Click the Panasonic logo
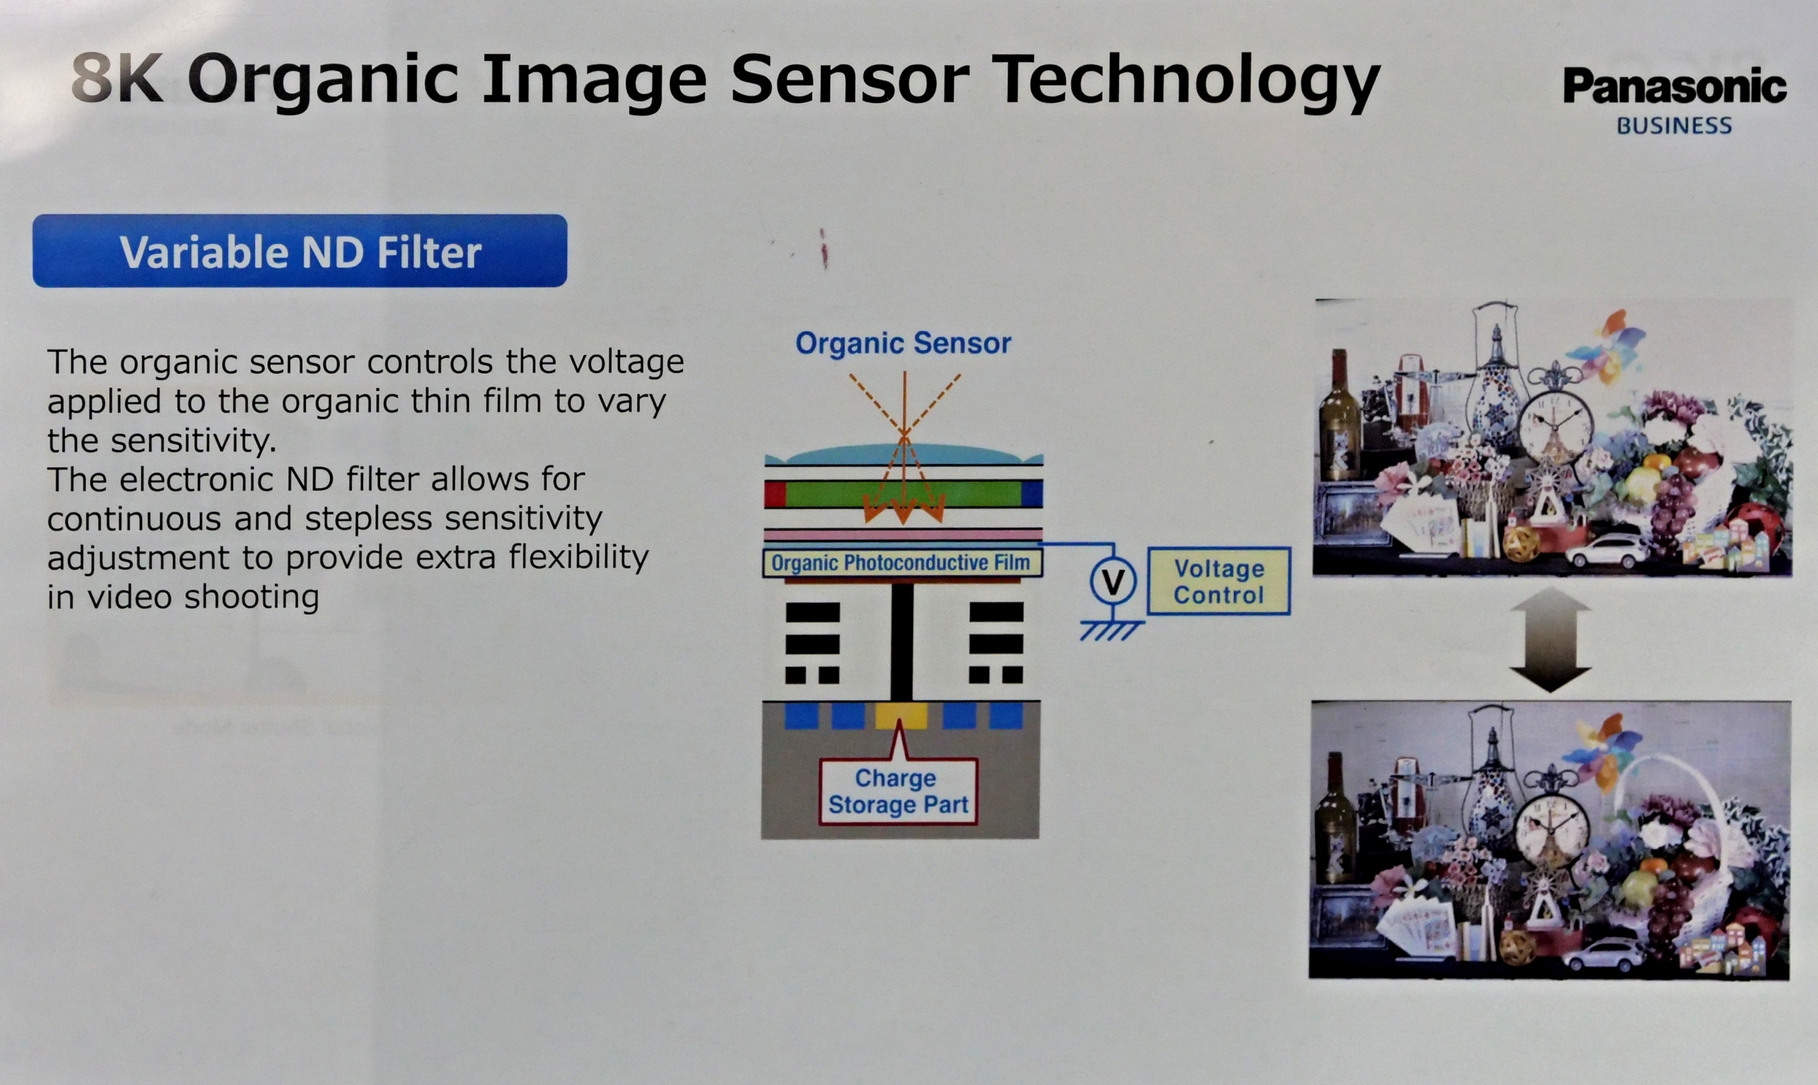click(x=1674, y=86)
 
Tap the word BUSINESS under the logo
click(x=1674, y=126)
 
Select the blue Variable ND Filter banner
click(x=300, y=250)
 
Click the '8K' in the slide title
click(x=117, y=79)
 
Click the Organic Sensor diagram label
click(x=903, y=343)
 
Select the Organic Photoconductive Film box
click(x=903, y=563)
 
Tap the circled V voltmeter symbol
click(x=1113, y=582)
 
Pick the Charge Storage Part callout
click(x=898, y=791)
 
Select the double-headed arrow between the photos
click(x=1550, y=639)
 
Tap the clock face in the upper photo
click(x=1556, y=427)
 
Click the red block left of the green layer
click(x=775, y=494)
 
